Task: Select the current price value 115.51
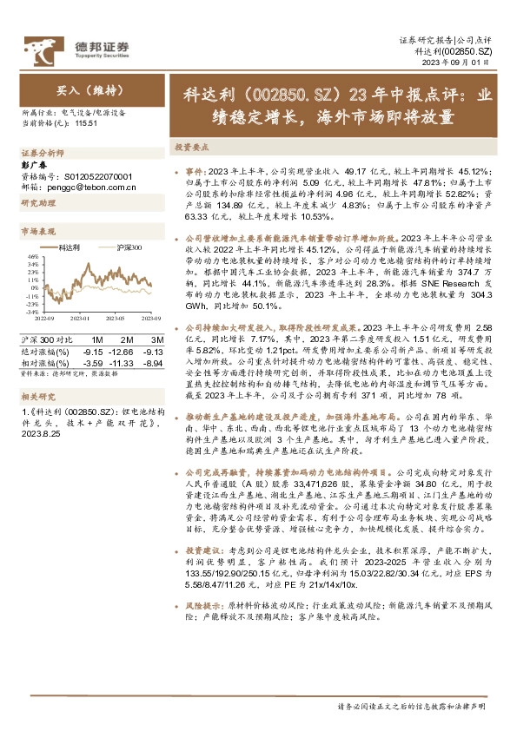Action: tap(85, 124)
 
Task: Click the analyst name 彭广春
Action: tap(32, 165)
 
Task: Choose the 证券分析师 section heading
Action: tap(39, 151)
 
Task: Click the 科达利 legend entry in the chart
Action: tap(70, 247)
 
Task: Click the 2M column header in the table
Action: tap(126, 339)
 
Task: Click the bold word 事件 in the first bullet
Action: tap(195, 172)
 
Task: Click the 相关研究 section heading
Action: tap(35, 395)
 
